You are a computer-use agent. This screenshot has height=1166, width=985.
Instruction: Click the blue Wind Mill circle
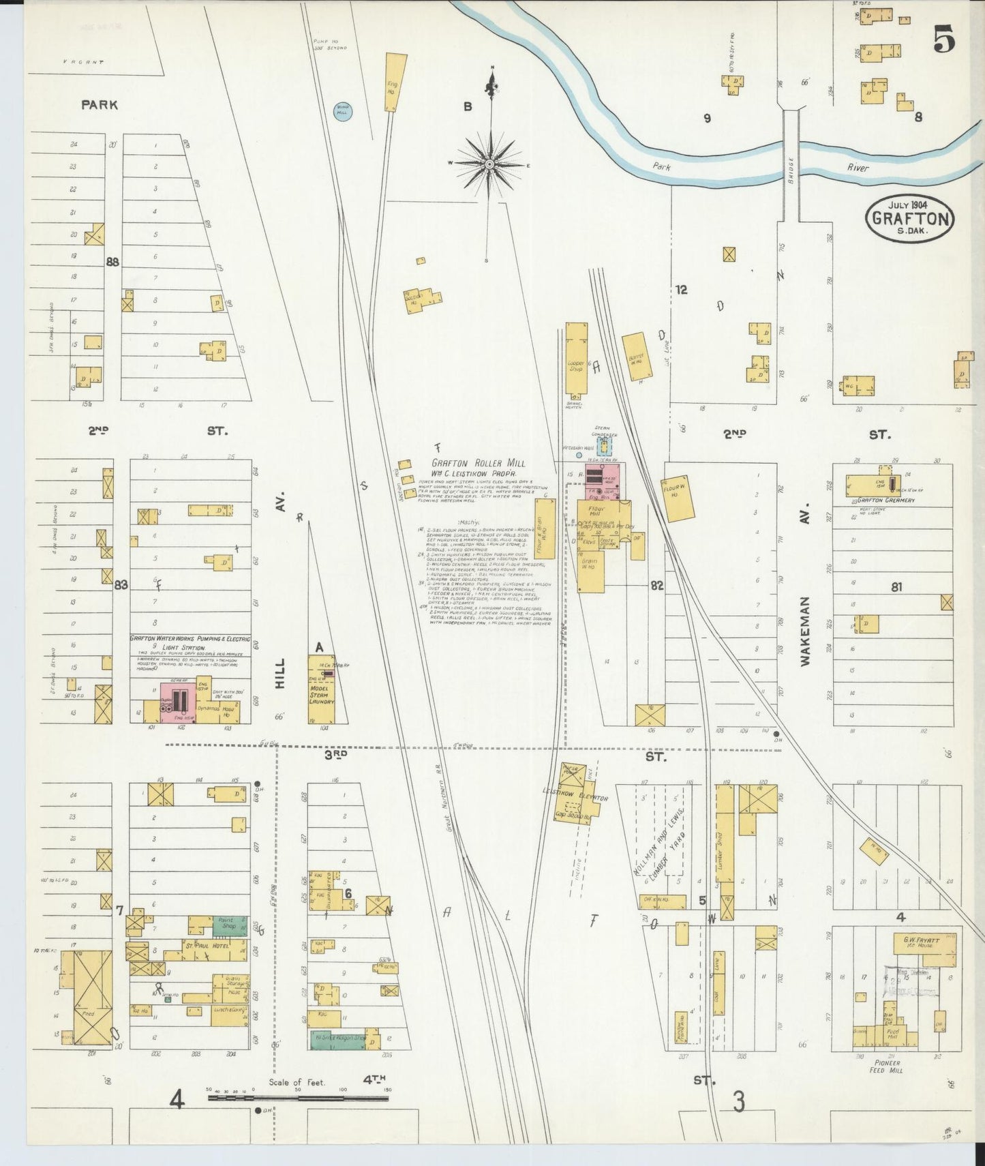343,111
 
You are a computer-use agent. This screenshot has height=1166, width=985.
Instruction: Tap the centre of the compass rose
489,164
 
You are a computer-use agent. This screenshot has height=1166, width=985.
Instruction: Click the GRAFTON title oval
910,218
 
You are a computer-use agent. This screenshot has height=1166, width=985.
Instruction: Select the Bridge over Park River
791,164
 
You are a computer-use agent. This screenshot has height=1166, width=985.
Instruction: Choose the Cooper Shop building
577,359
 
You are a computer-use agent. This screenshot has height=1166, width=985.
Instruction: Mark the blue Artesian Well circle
579,454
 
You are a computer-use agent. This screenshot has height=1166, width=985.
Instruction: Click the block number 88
112,261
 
